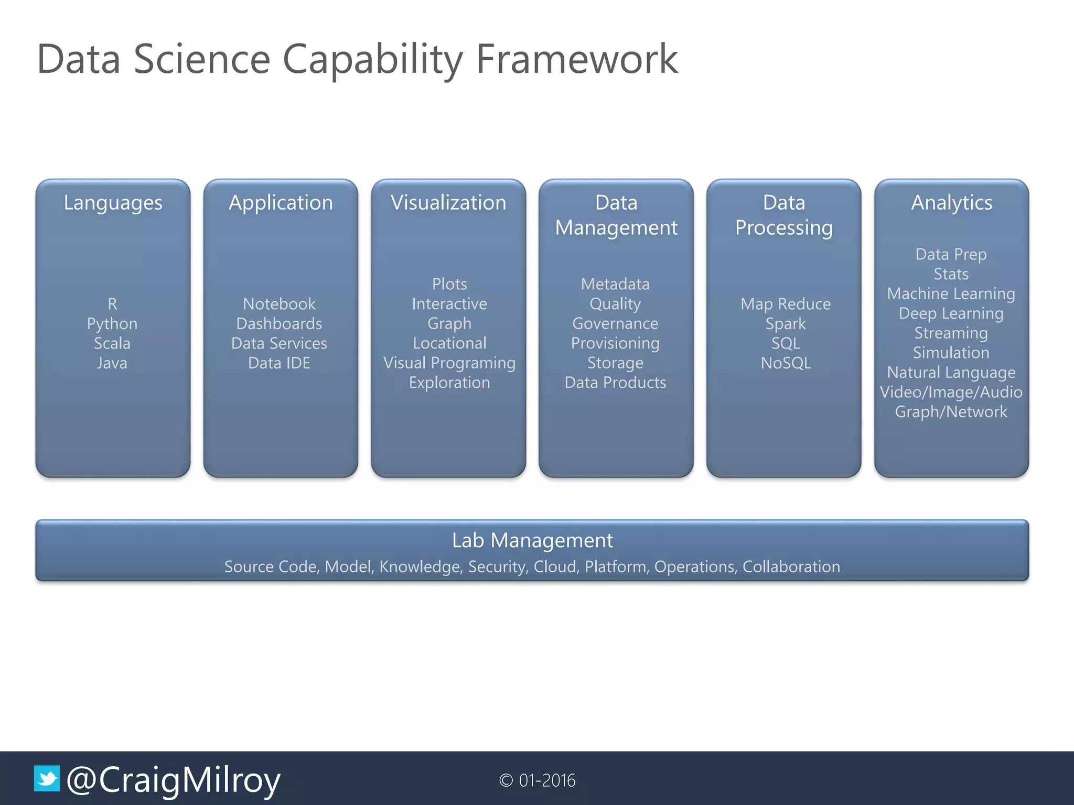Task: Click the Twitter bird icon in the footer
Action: pyautogui.click(x=47, y=778)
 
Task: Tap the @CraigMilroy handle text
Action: pyautogui.click(x=174, y=780)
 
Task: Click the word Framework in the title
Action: pyautogui.click(x=577, y=59)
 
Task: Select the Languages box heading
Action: pyautogui.click(x=113, y=203)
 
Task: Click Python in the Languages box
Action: pyautogui.click(x=112, y=323)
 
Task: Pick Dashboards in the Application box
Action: pyautogui.click(x=279, y=323)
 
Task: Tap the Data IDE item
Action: pyautogui.click(x=279, y=363)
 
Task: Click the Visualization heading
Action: pyautogui.click(x=448, y=203)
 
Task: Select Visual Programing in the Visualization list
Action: pyautogui.click(x=449, y=363)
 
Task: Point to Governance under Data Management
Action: pyautogui.click(x=615, y=323)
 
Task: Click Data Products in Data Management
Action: pyautogui.click(x=615, y=383)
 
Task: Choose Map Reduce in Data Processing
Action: pyautogui.click(x=786, y=304)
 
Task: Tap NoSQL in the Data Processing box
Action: pyautogui.click(x=786, y=363)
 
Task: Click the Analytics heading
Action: pyautogui.click(x=951, y=203)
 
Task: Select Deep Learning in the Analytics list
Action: pyautogui.click(x=951, y=313)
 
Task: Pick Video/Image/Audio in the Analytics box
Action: pyautogui.click(x=951, y=392)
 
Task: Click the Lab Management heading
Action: pyautogui.click(x=532, y=540)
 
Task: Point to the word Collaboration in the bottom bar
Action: pyautogui.click(x=791, y=567)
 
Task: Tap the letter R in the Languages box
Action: pyautogui.click(x=112, y=304)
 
